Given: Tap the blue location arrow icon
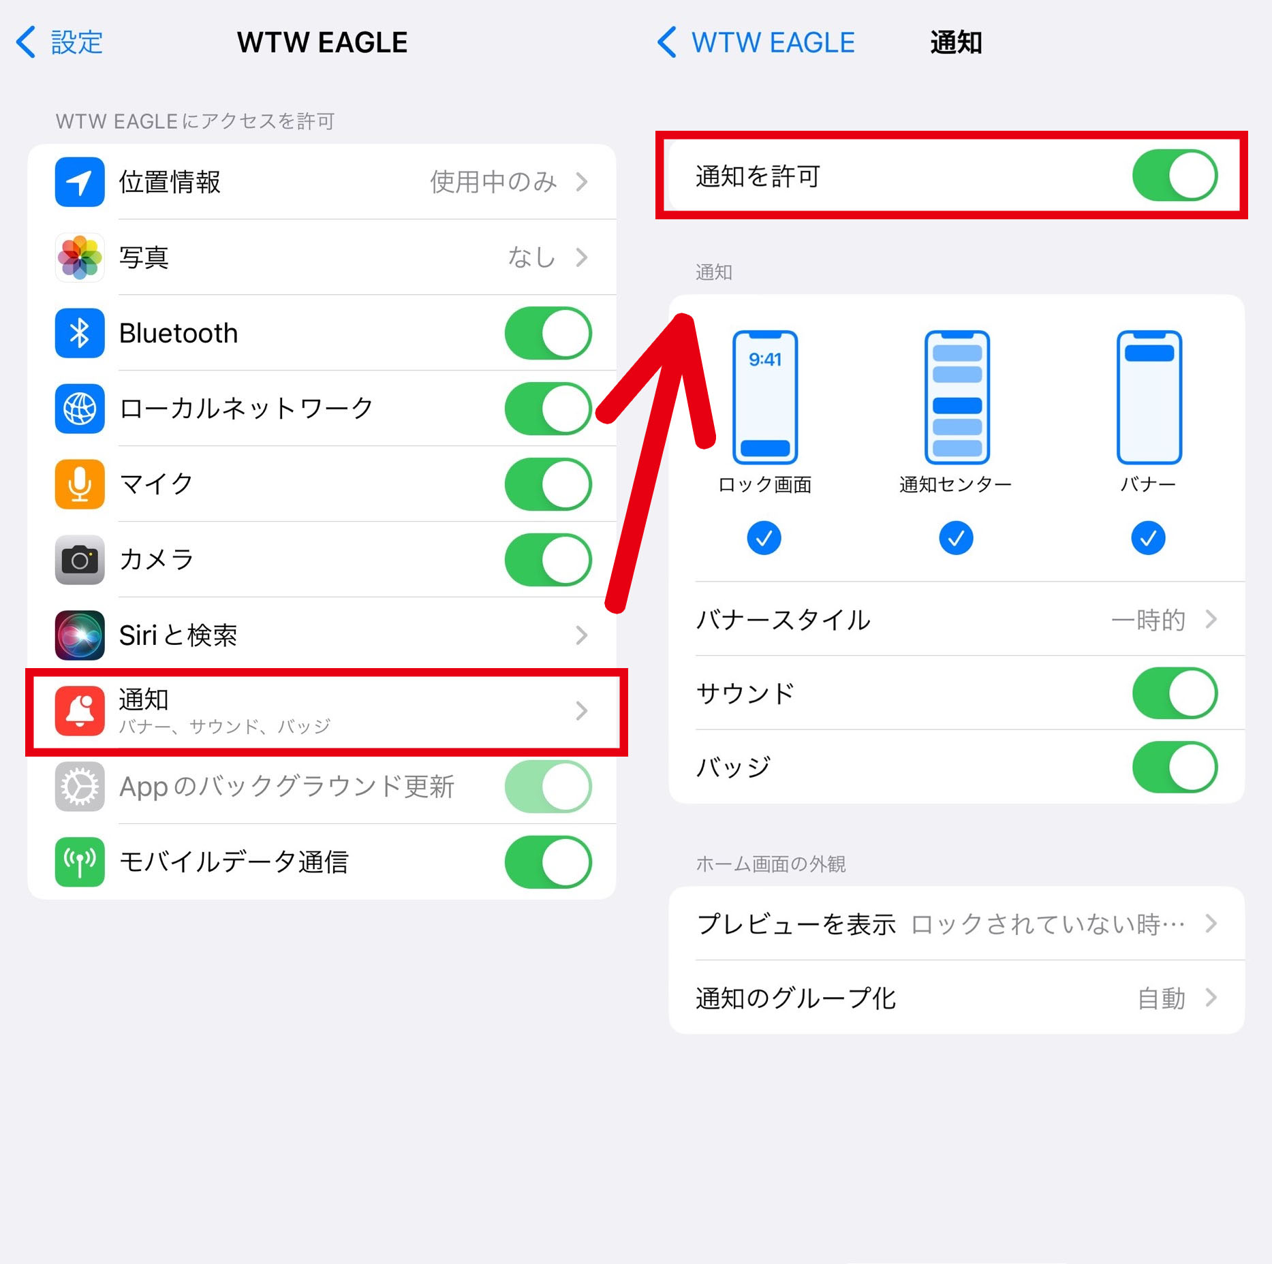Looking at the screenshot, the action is pyautogui.click(x=80, y=182).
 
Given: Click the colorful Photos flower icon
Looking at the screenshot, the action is pyautogui.click(x=80, y=257).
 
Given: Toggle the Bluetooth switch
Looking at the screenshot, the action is pyautogui.click(x=548, y=333).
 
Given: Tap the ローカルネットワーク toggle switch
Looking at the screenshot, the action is pyautogui.click(x=548, y=409).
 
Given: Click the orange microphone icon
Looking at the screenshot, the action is pyautogui.click(x=80, y=484).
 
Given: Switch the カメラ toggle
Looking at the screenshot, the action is pyautogui.click(x=548, y=560).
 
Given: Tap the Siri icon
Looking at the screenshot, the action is pyautogui.click(x=80, y=635).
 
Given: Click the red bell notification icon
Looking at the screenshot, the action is pyautogui.click(x=80, y=711).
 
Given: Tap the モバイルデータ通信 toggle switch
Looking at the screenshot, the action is pyautogui.click(x=548, y=862).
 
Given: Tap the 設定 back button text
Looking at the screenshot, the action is pyautogui.click(x=77, y=42).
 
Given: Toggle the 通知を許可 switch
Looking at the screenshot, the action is pyautogui.click(x=1175, y=175).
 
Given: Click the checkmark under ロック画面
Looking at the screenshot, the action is pyautogui.click(x=764, y=538).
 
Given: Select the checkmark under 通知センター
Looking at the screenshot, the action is pyautogui.click(x=957, y=538).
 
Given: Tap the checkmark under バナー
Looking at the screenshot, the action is pyautogui.click(x=1149, y=538).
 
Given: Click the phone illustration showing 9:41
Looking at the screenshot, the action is pyautogui.click(x=765, y=398).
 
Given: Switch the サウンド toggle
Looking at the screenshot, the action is pyautogui.click(x=1175, y=693).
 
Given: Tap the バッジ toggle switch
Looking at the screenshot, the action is pyautogui.click(x=1175, y=768).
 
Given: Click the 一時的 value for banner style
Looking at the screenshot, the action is pyautogui.click(x=1149, y=620).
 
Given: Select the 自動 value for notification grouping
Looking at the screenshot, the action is pyautogui.click(x=1162, y=998).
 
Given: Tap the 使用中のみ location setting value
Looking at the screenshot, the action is pyautogui.click(x=493, y=182).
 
